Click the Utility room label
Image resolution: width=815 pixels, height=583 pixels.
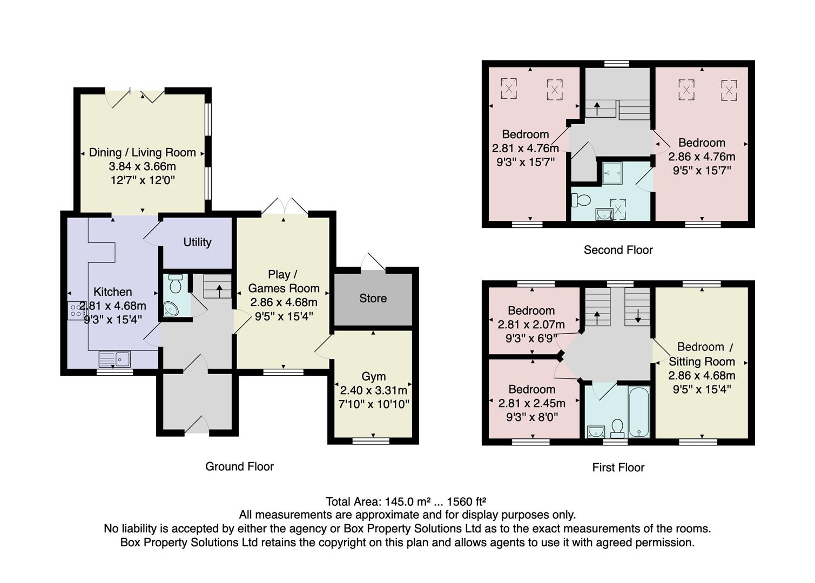pyautogui.click(x=197, y=242)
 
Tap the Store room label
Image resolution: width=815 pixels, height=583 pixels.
pyautogui.click(x=373, y=299)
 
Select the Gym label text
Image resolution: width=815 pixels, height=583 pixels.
pyautogui.click(x=373, y=376)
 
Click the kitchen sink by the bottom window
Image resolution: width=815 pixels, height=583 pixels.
pyautogui.click(x=114, y=358)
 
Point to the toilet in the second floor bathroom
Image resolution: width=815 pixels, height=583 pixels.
pyautogui.click(x=581, y=200)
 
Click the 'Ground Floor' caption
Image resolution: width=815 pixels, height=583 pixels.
pyautogui.click(x=239, y=466)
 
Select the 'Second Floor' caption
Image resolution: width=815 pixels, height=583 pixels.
pyautogui.click(x=618, y=250)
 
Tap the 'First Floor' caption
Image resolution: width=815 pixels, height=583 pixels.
pyautogui.click(x=618, y=467)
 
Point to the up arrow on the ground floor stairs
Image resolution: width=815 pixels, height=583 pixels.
pyautogui.click(x=219, y=290)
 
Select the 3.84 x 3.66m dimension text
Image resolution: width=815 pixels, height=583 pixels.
pyautogui.click(x=142, y=166)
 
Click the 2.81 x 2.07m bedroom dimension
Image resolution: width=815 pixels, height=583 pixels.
pyautogui.click(x=531, y=324)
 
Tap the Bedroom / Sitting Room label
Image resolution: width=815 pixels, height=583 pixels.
pyautogui.click(x=702, y=354)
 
